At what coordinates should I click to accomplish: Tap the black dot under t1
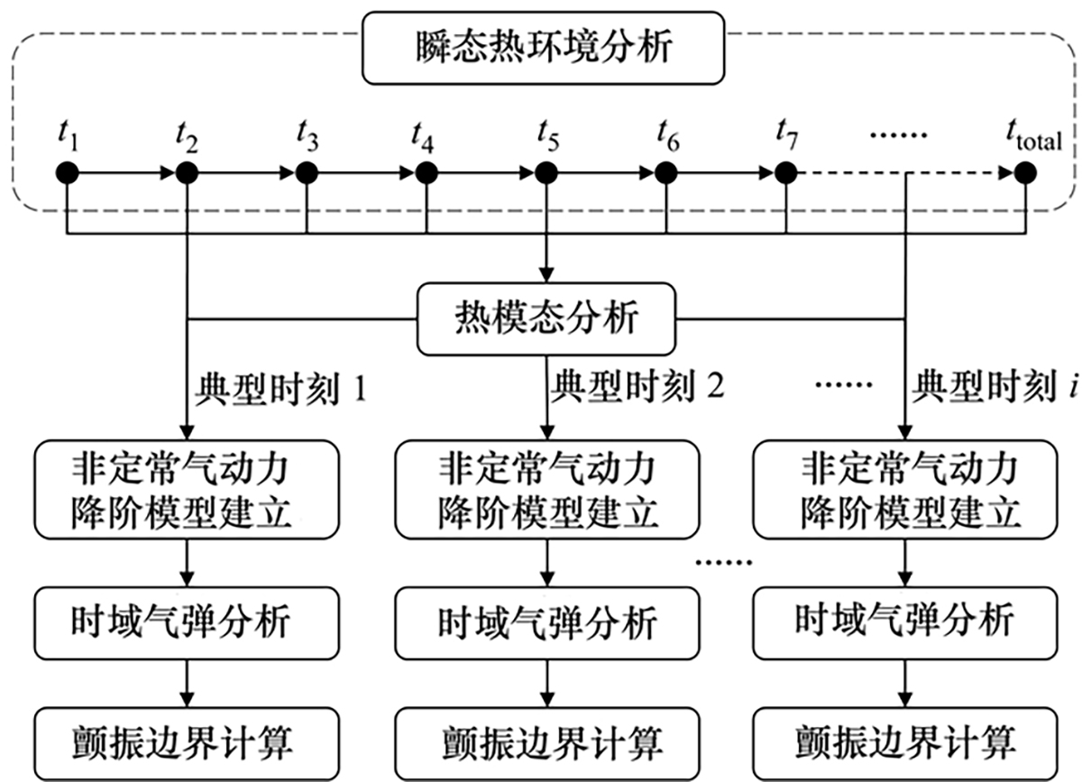tap(68, 171)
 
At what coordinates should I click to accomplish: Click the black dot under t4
tap(426, 171)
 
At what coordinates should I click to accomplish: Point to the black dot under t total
tap(1024, 171)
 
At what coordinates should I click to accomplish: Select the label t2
tap(187, 137)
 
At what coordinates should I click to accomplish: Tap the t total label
tap(1033, 138)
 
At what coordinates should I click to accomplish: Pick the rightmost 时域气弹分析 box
tap(903, 621)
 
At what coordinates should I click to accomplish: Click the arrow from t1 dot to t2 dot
tap(126, 171)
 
